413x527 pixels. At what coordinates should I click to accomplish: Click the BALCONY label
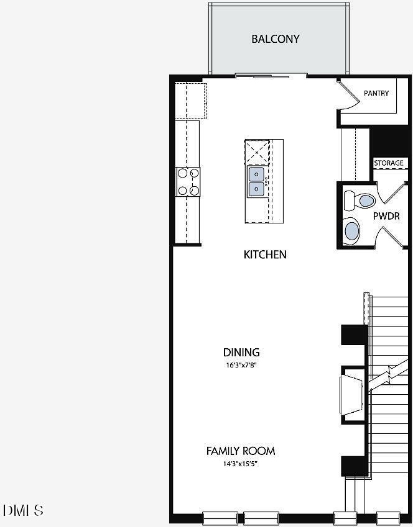point(275,39)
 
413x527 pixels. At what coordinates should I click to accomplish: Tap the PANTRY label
point(376,93)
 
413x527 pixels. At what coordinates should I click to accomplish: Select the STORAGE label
point(389,163)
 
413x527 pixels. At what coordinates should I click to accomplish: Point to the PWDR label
point(386,216)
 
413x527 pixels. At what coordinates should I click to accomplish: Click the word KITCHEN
point(265,254)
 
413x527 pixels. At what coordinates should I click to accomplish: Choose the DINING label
point(241,352)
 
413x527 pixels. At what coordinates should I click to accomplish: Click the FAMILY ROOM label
point(241,451)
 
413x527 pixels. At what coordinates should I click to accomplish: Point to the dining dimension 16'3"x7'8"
point(241,365)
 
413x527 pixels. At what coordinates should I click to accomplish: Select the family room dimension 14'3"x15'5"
point(241,464)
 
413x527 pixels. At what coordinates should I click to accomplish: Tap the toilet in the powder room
point(359,200)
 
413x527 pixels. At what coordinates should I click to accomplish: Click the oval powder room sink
point(351,230)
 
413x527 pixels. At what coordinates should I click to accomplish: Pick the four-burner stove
point(188,181)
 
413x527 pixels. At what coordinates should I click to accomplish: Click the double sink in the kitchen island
point(256,182)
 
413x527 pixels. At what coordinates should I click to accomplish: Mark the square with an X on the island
point(257,152)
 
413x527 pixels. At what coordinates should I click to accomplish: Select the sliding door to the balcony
point(271,76)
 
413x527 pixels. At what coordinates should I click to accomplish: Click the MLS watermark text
point(23,510)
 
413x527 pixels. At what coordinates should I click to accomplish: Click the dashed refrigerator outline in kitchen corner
point(191,100)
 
